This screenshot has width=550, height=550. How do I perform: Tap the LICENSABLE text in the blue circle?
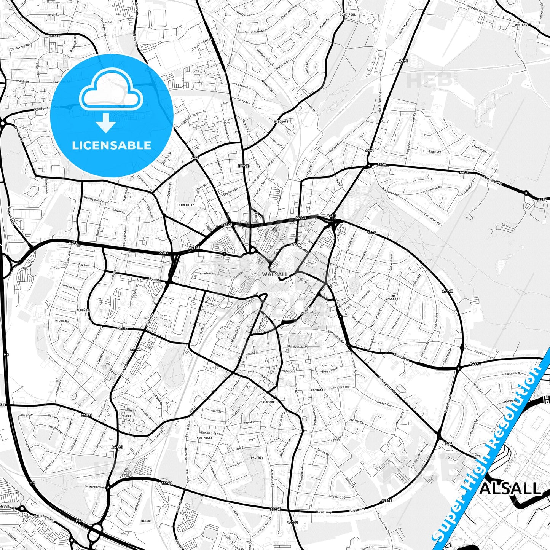coord(112,145)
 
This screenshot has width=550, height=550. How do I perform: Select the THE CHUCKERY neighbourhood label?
coord(393,297)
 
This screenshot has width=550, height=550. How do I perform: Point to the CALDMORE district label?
coord(268,402)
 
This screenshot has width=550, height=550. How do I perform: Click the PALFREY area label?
coord(257,458)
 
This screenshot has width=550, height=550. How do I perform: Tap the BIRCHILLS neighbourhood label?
coord(187,205)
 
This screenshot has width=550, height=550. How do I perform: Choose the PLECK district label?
coord(127,416)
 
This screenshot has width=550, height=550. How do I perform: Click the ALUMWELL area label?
coord(83,311)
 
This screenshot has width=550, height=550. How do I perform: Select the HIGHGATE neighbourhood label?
coord(318,390)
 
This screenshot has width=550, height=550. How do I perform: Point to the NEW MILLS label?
coord(205,438)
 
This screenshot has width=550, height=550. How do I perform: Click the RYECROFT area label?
coord(281,121)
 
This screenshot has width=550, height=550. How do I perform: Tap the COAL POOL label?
coord(348,15)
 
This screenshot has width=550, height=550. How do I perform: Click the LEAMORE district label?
coord(54,36)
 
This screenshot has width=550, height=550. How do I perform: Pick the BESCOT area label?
coord(146,521)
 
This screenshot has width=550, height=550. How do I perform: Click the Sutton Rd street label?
coord(402,357)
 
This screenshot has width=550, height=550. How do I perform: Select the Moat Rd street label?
coord(155,280)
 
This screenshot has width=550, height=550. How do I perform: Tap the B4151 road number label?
coord(475,364)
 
